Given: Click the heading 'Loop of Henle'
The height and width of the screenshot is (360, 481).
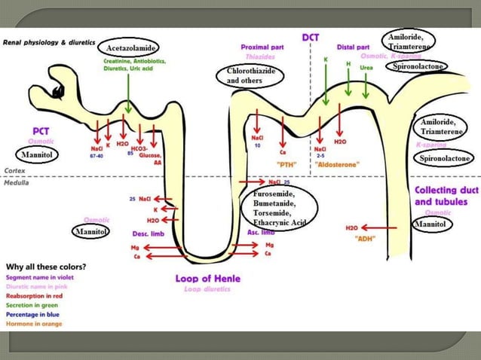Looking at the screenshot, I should coord(207,279).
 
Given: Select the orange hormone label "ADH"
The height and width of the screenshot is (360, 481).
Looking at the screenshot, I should coord(365,239).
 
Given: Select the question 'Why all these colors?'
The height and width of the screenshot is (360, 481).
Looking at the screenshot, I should coord(45,267).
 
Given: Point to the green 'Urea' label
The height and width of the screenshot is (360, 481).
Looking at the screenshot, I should coord(366,67).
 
